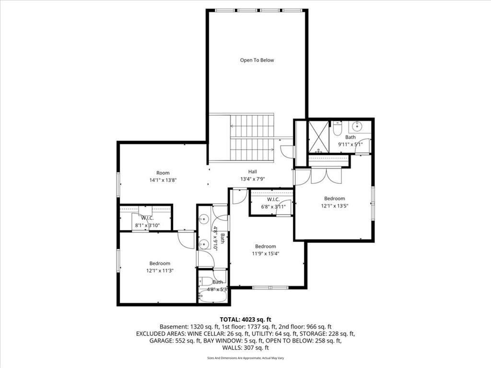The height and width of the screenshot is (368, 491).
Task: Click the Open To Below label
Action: pos(257,60)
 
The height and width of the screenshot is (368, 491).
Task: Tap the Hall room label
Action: pos(252,172)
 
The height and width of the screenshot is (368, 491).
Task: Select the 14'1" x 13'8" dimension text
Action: pos(163,180)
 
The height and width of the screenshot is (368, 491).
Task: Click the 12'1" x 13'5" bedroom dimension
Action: pos(334,206)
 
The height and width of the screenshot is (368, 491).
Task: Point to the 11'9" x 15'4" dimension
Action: pos(266,253)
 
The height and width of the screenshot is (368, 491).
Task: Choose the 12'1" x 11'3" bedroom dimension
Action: pos(160,271)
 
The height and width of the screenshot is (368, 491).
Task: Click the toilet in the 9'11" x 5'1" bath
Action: pos(337,128)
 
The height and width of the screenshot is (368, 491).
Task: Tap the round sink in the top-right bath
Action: pos(357,126)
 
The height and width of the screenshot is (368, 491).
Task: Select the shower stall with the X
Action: pos(318,137)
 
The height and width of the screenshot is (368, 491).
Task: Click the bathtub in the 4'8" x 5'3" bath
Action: pos(212,296)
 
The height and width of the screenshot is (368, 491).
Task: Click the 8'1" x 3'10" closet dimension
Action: pos(147,225)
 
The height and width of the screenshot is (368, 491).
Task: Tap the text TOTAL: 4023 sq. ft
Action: pos(245,320)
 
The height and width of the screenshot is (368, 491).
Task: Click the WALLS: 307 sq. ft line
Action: pos(245,348)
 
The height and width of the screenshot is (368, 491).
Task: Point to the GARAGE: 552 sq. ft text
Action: pos(175,341)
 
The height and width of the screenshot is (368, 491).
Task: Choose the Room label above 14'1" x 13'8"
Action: pos(163,172)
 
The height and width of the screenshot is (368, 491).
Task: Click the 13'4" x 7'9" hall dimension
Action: pos(252,179)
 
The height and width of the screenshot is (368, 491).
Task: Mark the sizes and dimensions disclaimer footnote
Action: pos(245,358)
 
